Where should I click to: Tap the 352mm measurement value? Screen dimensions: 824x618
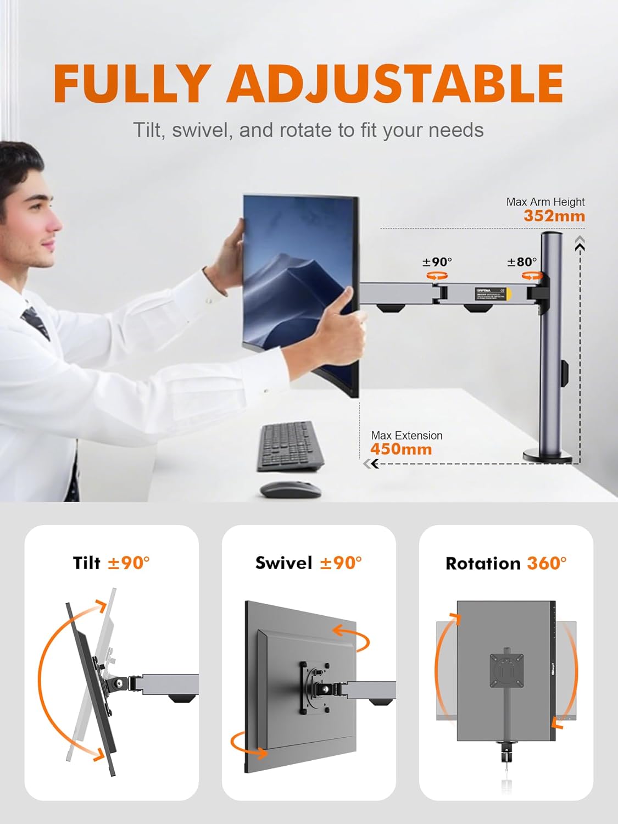[554, 216]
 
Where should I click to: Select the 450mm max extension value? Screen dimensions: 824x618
[401, 449]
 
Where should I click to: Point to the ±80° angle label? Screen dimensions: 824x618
[522, 262]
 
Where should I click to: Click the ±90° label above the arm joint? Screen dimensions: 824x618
[437, 262]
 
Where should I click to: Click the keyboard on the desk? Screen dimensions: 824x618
[290, 446]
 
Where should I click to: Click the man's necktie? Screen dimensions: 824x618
[36, 321]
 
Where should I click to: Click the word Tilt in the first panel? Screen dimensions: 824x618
[87, 563]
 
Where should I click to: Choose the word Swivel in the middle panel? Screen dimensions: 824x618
[283, 563]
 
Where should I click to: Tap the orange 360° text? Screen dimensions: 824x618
[547, 563]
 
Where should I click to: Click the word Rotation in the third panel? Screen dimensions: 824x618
[483, 563]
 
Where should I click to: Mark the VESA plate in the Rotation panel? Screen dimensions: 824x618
[506, 670]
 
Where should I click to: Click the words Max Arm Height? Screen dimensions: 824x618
[545, 202]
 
